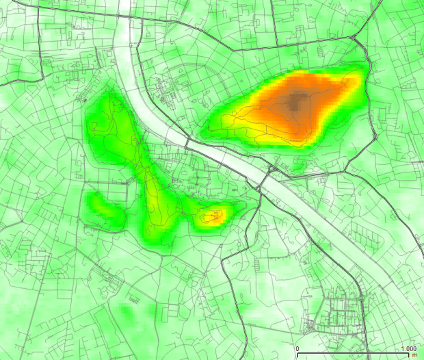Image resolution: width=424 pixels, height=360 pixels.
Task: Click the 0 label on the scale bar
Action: [x=297, y=349]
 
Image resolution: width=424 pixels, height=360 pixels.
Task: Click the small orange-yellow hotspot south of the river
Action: [x=213, y=217]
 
